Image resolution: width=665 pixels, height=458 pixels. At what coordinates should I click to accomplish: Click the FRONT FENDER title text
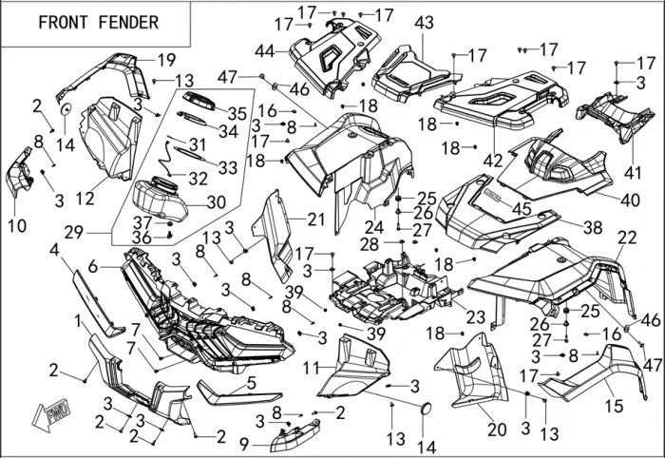(x=99, y=22)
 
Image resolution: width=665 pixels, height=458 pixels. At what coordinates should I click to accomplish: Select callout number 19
(x=166, y=59)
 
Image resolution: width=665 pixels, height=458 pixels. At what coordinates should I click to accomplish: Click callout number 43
(x=424, y=22)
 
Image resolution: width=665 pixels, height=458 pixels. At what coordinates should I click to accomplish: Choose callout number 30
(x=216, y=201)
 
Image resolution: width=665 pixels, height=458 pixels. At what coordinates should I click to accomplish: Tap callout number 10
(x=16, y=225)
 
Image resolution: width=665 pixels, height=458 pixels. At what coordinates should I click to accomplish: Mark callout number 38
(x=592, y=228)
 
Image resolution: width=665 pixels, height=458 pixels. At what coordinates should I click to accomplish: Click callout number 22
(x=627, y=237)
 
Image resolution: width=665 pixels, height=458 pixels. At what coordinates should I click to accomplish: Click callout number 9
(x=244, y=443)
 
